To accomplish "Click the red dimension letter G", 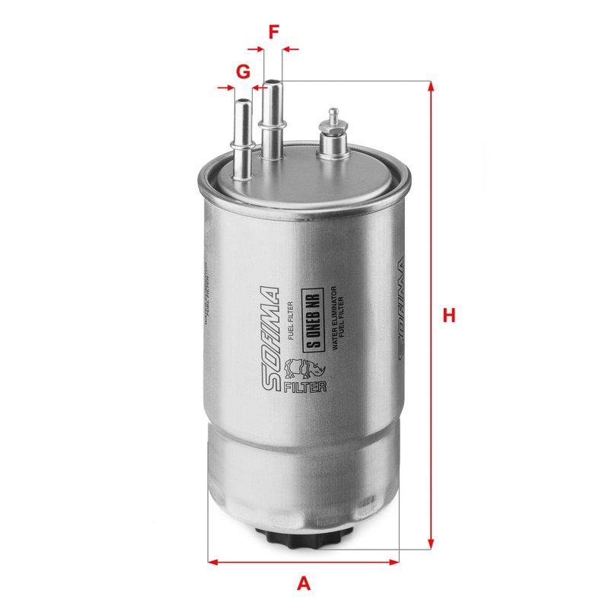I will [x=243, y=72].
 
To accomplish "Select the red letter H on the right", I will [x=449, y=315].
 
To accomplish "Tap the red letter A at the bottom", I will [x=304, y=584].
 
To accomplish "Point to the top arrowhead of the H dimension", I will [x=432, y=86].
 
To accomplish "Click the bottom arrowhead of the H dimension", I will [x=432, y=544].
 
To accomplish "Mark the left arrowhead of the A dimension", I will [x=213, y=563].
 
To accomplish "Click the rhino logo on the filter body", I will [x=298, y=370].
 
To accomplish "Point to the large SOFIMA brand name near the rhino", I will [x=270, y=339].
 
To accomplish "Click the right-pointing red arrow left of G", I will [x=225, y=88].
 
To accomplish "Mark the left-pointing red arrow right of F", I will [x=291, y=50].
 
